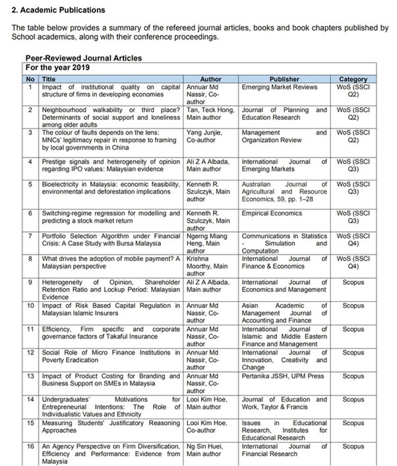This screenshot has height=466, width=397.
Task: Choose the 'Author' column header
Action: [210, 78]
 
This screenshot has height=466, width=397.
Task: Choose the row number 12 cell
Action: [29, 352]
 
